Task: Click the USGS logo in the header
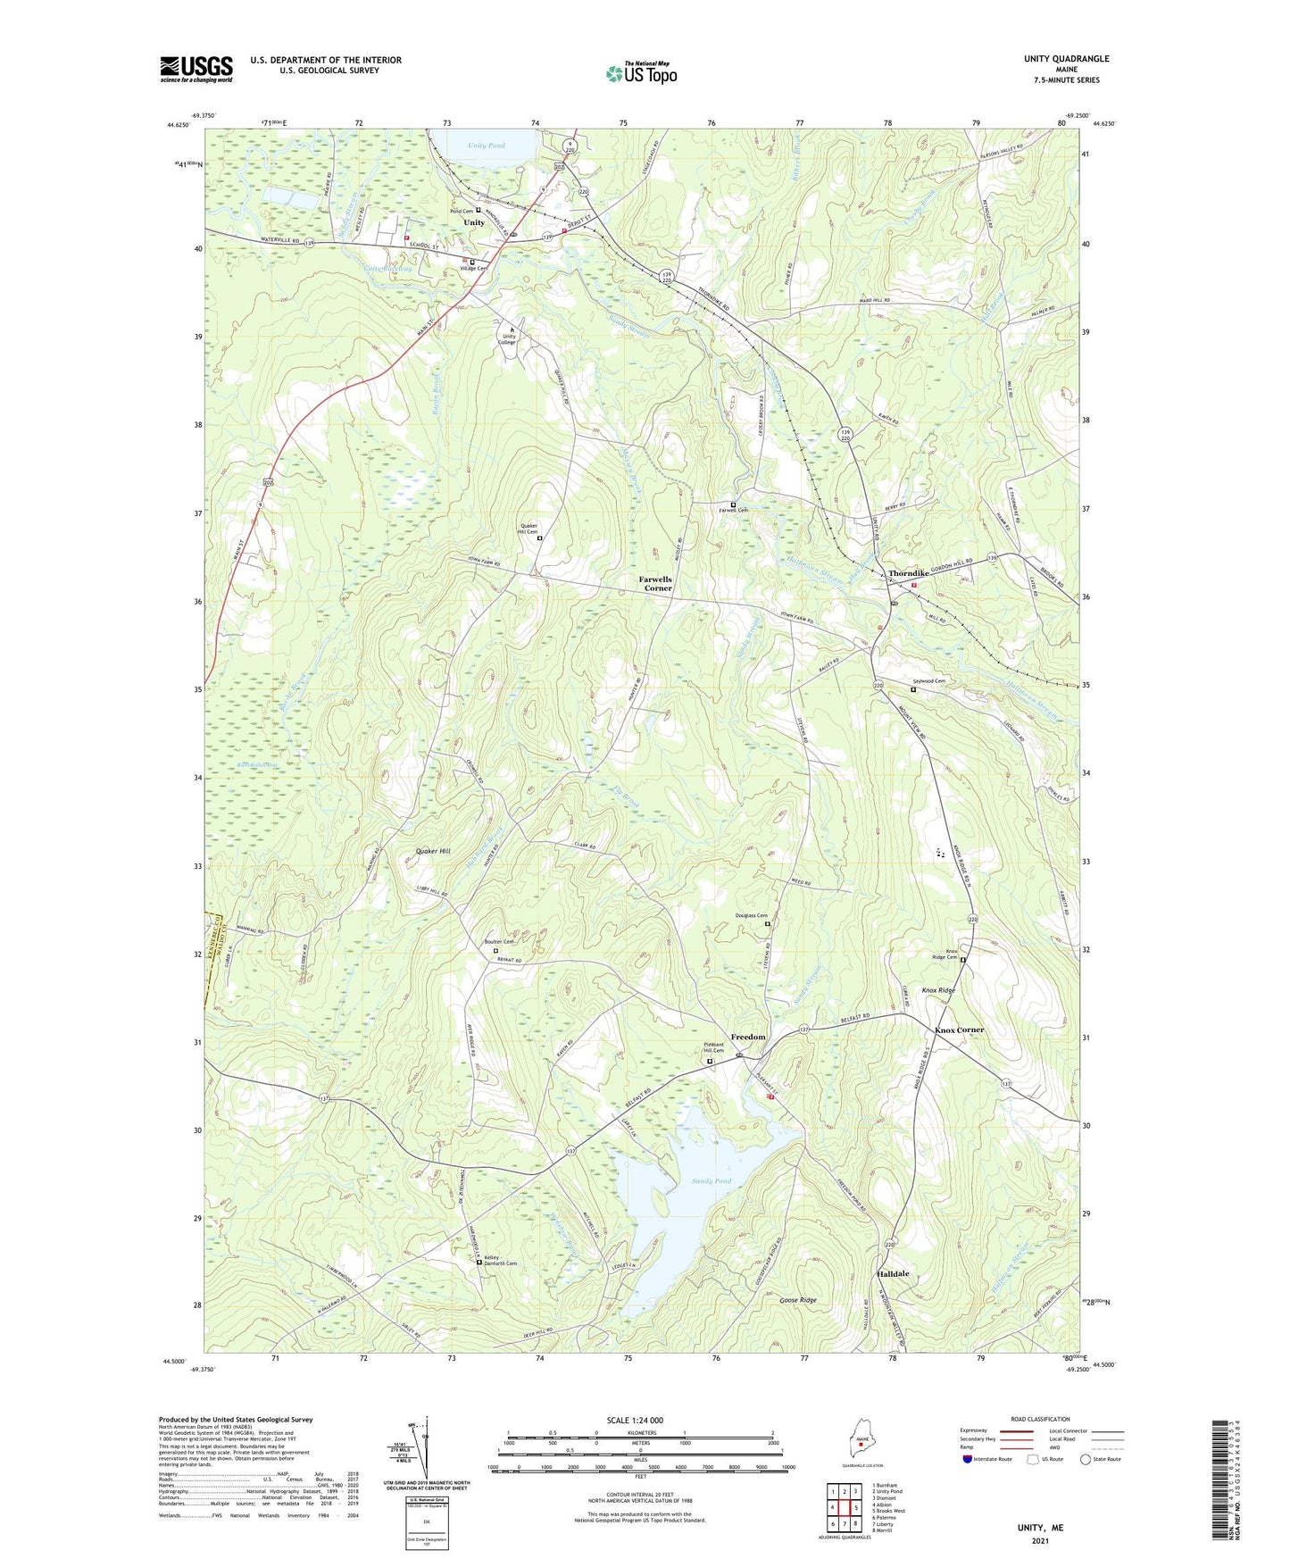196,69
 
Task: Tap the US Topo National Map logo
641,73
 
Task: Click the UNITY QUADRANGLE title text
1066,59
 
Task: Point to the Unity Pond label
487,146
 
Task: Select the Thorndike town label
909,573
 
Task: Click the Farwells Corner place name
655,584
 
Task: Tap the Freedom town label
748,1037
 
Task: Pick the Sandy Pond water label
712,1180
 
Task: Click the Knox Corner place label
959,1030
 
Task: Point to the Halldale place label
893,1273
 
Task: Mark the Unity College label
507,339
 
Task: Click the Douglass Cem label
751,916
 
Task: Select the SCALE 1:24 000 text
635,1420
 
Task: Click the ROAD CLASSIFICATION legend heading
1040,1419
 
